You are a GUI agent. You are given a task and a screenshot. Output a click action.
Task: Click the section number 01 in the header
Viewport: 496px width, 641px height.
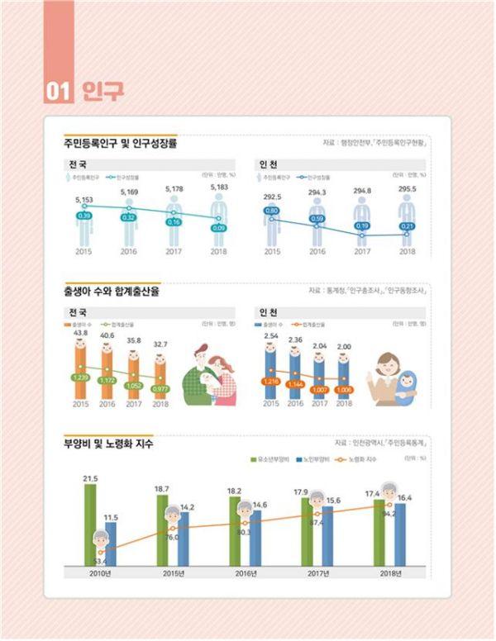pos(59,90)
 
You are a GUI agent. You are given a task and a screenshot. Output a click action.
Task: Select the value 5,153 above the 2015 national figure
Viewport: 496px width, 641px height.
pos(83,200)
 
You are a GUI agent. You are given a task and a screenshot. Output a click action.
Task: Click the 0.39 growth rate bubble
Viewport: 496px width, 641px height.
pos(83,216)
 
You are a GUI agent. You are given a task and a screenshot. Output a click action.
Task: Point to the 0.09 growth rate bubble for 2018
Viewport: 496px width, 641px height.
pos(218,227)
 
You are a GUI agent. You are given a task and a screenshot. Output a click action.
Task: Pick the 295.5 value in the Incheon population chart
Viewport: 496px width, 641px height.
pos(407,189)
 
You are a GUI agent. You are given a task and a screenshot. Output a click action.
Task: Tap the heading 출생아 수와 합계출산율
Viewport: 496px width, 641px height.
pos(111,291)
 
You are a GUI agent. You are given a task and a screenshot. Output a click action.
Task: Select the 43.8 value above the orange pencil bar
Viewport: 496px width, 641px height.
pos(80,332)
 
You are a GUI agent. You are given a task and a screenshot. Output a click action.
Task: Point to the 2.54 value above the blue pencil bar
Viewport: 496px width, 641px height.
pos(271,336)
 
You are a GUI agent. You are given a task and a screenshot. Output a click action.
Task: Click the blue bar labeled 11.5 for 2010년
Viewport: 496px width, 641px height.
pos(111,545)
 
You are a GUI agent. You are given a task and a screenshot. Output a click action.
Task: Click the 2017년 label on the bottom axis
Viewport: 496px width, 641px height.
pos(317,573)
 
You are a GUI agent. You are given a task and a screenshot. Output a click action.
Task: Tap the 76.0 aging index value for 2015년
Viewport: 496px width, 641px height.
pos(172,538)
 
